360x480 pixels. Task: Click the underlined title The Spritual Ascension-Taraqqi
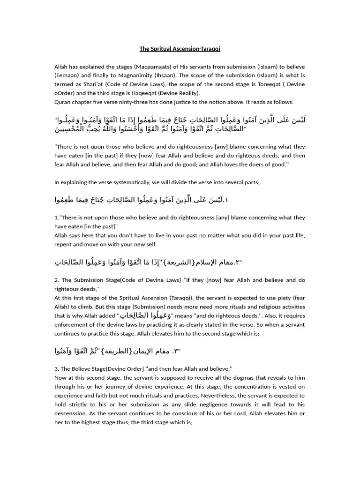(180, 49)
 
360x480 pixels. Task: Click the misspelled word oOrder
(64, 93)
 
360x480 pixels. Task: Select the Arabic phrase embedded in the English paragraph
(146, 315)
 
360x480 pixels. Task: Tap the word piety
(276, 298)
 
